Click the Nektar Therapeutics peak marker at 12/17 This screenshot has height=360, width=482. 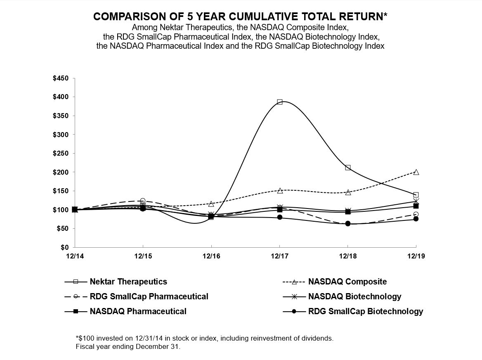[279, 102]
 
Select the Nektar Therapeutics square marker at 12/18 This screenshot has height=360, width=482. [348, 168]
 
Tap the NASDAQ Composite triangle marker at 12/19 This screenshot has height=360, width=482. [416, 172]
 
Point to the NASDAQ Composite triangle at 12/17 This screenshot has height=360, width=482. [279, 191]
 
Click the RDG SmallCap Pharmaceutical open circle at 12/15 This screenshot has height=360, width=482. [143, 201]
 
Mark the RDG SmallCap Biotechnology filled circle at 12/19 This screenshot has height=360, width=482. [416, 219]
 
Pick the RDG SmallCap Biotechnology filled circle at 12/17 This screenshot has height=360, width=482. [279, 217]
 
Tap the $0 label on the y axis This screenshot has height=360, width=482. [65, 247]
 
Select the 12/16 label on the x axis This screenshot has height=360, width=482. [211, 256]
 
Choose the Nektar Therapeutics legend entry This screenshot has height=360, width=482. [128, 282]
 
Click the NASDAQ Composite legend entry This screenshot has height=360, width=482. [347, 282]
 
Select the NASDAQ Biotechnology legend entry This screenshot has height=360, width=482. [354, 296]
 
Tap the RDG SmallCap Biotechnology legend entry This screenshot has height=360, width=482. [365, 311]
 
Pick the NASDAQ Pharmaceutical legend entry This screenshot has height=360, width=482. [138, 311]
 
